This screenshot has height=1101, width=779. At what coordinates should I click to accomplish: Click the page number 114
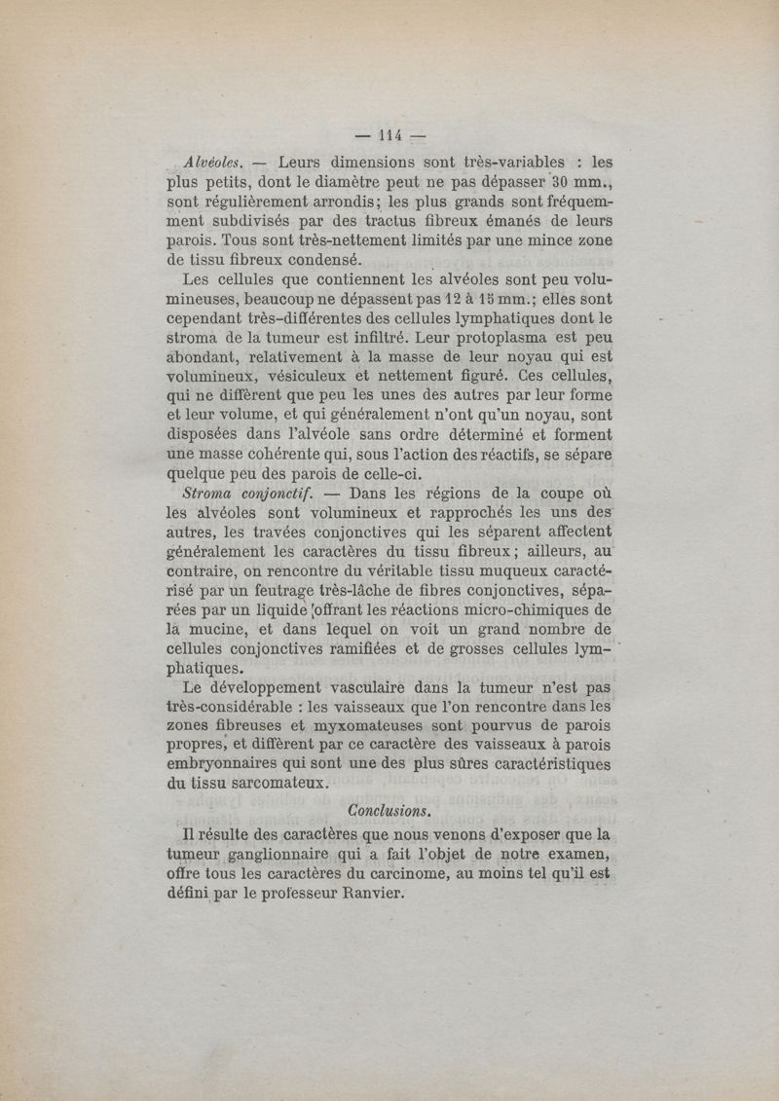coord(392,136)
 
